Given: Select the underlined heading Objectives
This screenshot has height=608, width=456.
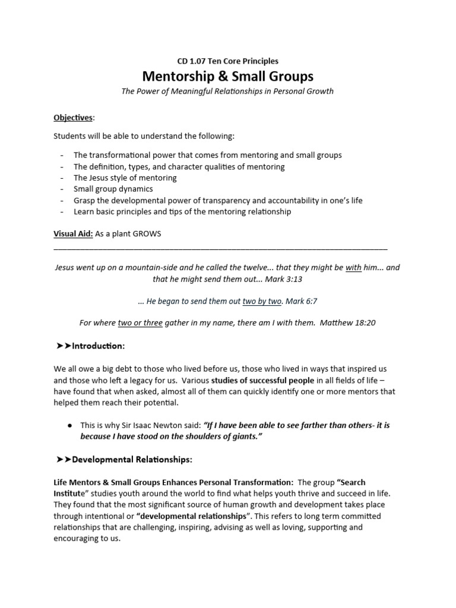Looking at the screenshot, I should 73,118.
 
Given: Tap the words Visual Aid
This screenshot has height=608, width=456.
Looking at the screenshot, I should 73,234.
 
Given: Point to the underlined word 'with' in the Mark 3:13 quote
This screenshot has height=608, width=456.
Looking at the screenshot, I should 353,268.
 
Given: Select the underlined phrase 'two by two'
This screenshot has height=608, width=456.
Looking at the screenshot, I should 262,301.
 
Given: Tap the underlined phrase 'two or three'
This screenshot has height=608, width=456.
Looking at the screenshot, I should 140,323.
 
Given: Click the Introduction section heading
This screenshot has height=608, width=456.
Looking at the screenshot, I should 98,346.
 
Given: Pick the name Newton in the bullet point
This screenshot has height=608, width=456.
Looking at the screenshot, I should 182,425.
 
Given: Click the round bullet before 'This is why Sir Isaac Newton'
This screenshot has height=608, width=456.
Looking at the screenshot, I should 70,425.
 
